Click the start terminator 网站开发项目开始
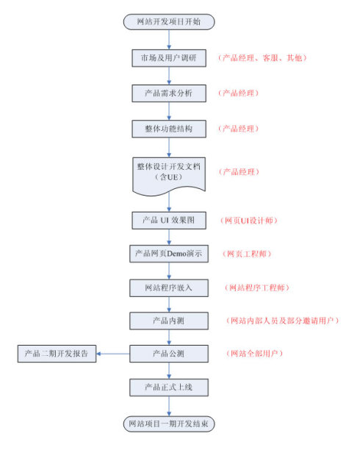pos(169,22)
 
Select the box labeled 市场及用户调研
pos(170,58)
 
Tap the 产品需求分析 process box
pos(170,93)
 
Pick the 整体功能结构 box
pos(170,129)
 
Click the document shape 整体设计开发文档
pos(170,172)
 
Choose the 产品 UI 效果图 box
pos(170,220)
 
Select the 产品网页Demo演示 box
pos(170,254)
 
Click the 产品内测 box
pos(170,321)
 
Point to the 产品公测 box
pos(170,354)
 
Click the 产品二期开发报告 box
pos(57,354)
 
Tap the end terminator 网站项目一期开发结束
pos(170,424)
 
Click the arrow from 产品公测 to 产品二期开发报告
pos(113,354)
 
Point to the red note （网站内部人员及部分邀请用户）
pos(282,321)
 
